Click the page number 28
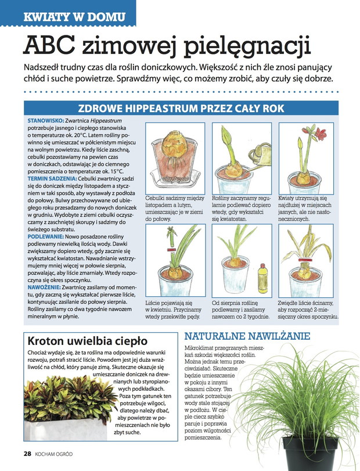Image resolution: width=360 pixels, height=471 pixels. pyautogui.click(x=27, y=454)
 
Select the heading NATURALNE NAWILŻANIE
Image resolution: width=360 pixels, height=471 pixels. pyautogui.click(x=247, y=336)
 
